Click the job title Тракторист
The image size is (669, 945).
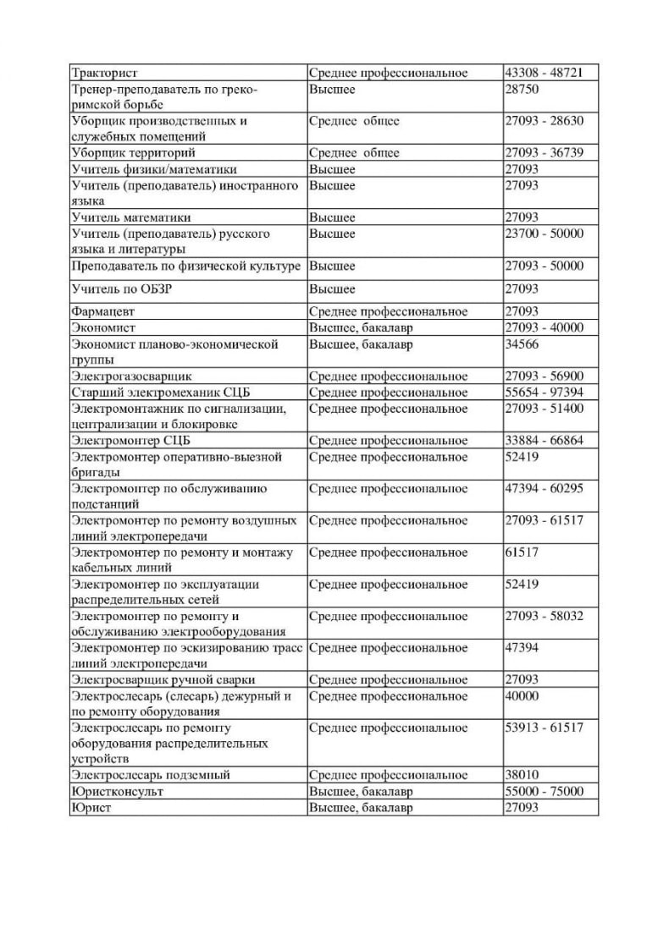point(104,73)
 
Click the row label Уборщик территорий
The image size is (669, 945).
point(134,153)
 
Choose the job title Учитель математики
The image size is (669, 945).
point(131,217)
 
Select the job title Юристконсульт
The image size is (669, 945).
point(118,791)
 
